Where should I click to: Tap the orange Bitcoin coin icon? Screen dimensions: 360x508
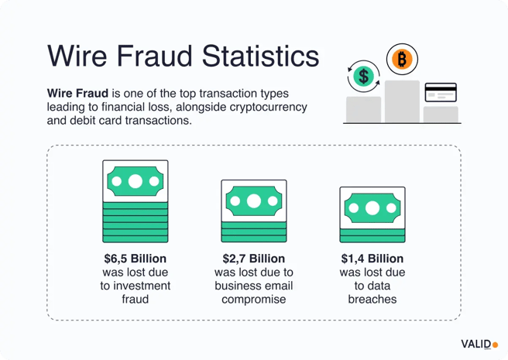pos(402,58)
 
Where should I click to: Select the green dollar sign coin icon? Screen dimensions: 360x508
pos(363,76)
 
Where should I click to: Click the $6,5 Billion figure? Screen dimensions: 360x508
pos(135,259)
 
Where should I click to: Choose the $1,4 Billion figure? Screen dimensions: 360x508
pos(372,259)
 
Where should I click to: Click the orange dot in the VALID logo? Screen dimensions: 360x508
pos(496,345)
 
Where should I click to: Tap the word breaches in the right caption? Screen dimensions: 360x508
pos(372,299)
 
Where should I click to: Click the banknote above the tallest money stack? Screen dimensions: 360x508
pos(136,182)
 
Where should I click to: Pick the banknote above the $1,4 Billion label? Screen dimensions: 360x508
pos(372,207)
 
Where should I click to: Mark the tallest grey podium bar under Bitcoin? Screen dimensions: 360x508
pos(402,101)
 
